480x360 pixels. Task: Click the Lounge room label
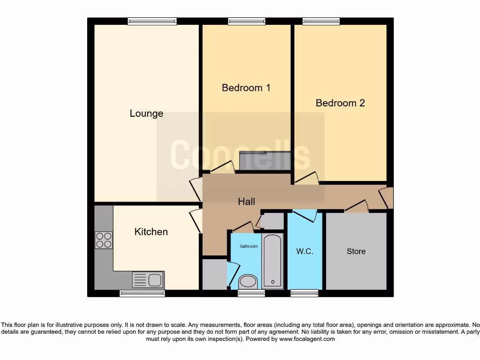pyautogui.click(x=146, y=113)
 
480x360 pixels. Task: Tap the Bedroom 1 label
pyautogui.click(x=246, y=88)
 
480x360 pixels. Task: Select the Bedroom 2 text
pyautogui.click(x=340, y=103)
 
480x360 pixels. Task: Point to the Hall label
pyautogui.click(x=247, y=202)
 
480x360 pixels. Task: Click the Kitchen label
pyautogui.click(x=151, y=232)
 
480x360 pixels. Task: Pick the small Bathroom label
pyautogui.click(x=248, y=246)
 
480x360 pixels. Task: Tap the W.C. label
pyautogui.click(x=305, y=251)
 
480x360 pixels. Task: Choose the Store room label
pyautogui.click(x=356, y=251)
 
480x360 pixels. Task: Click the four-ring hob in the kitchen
pyautogui.click(x=104, y=240)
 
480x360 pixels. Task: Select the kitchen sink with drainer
pyautogui.click(x=148, y=280)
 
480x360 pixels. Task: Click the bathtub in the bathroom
pyautogui.click(x=273, y=260)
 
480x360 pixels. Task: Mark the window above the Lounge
pyautogui.click(x=152, y=21)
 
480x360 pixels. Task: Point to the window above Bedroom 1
pyautogui.click(x=247, y=21)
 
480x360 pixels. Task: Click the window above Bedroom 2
pyautogui.click(x=321, y=21)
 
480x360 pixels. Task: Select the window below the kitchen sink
pyautogui.click(x=142, y=293)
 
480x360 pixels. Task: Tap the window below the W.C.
pyautogui.click(x=304, y=293)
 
